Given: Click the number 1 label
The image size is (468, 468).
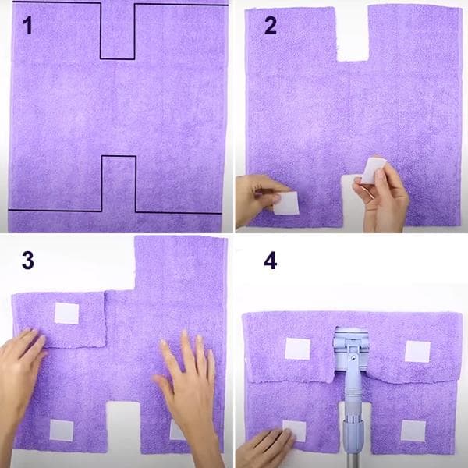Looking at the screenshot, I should pyautogui.click(x=28, y=27).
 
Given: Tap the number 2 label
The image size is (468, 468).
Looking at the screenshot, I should pyautogui.click(x=270, y=27).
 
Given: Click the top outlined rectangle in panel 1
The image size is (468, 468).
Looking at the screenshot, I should pyautogui.click(x=118, y=31).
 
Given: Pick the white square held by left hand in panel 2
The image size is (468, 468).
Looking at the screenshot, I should pyautogui.click(x=286, y=204).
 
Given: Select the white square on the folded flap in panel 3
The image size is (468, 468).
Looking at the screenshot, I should pyautogui.click(x=66, y=314).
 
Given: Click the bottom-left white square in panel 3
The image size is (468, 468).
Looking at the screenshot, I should pyautogui.click(x=62, y=431).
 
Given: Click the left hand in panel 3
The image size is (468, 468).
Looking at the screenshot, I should pyautogui.click(x=19, y=374).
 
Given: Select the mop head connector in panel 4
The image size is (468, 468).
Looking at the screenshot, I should pyautogui.click(x=350, y=349).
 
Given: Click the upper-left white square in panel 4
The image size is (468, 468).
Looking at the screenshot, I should pyautogui.click(x=297, y=349).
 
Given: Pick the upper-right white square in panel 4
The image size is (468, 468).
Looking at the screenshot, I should pyautogui.click(x=417, y=351).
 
